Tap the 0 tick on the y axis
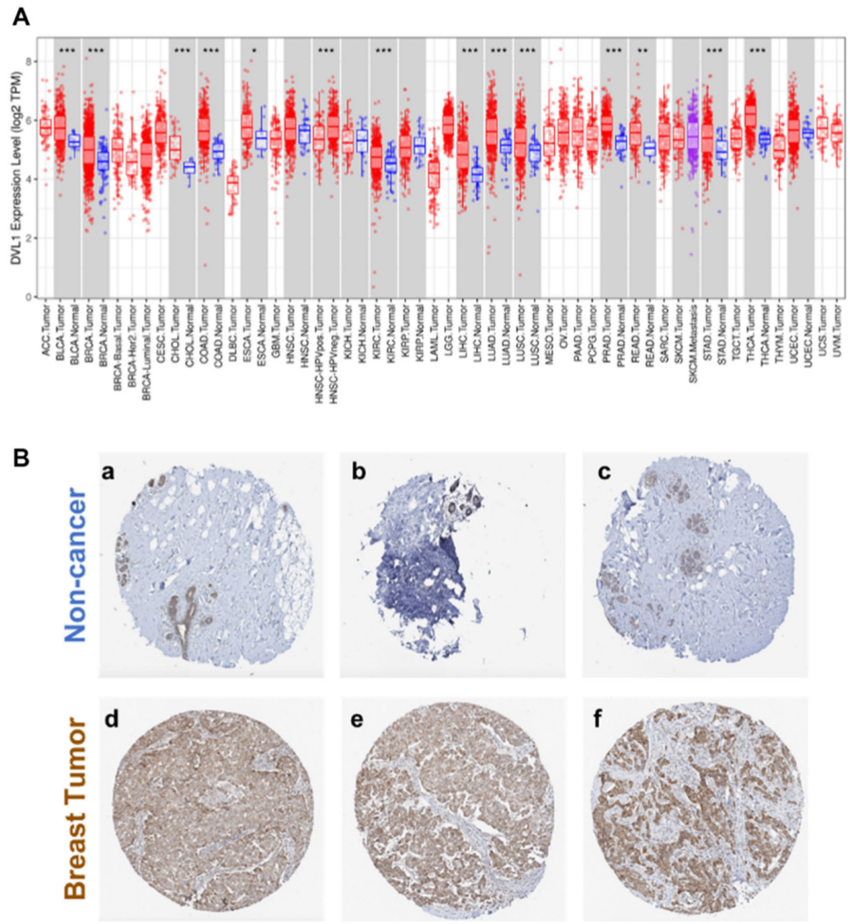pyautogui.click(x=27, y=296)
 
